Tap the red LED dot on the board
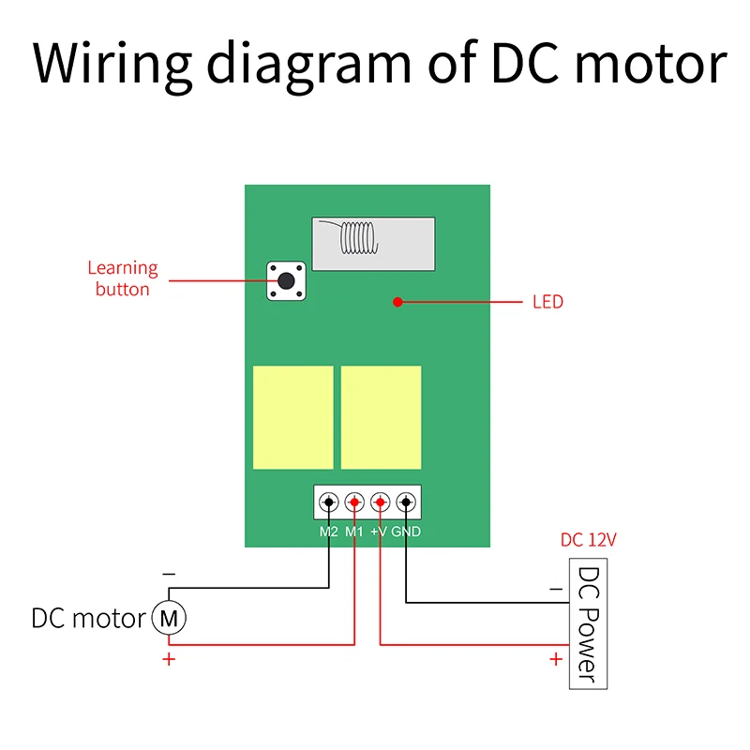tap(397, 302)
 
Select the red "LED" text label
tap(547, 302)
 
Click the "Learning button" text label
tap(123, 278)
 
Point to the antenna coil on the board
tap(358, 238)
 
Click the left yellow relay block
tap(292, 417)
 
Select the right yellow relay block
tap(381, 417)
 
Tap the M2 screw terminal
tap(329, 502)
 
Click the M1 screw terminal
tap(354, 502)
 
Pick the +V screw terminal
tap(380, 502)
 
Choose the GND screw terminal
tap(406, 502)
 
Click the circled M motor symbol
tap(169, 618)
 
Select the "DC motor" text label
tap(88, 619)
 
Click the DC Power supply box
tap(588, 623)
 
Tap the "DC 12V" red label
tap(589, 540)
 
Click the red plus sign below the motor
tap(169, 660)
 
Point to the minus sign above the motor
tap(169, 573)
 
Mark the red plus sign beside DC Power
tap(556, 659)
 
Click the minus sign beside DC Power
tap(556, 590)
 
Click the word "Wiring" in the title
tap(112, 64)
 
